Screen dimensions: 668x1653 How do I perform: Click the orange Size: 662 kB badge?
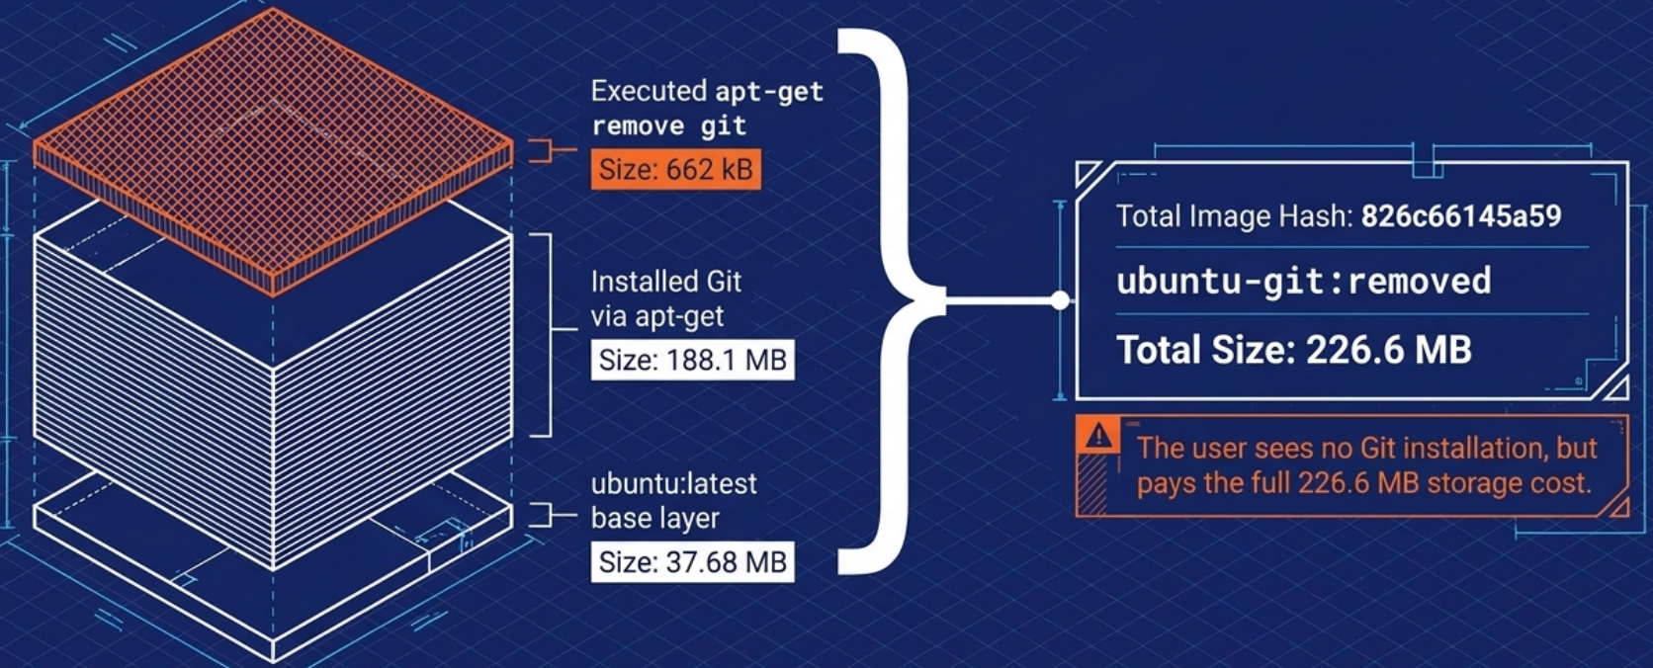click(x=676, y=170)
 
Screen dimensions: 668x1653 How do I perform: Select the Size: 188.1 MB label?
click(x=692, y=360)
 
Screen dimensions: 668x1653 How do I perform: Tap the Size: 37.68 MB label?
click(x=692, y=562)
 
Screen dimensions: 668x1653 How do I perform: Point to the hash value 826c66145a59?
click(x=1460, y=216)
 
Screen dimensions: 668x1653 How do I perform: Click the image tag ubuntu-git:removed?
click(x=1303, y=282)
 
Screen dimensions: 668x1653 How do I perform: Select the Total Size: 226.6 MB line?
click(x=1293, y=350)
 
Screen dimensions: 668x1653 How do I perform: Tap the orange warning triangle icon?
click(x=1098, y=436)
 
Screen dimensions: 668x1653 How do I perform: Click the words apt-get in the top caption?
click(x=769, y=92)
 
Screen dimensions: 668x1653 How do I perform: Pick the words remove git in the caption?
click(x=668, y=126)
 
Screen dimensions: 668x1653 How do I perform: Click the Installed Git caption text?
click(x=665, y=283)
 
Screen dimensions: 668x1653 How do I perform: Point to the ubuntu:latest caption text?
click(x=673, y=484)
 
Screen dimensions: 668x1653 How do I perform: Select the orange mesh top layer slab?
click(x=273, y=148)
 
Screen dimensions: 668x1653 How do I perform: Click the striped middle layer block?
click(x=273, y=395)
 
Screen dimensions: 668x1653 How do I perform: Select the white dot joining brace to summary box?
click(x=1060, y=300)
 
